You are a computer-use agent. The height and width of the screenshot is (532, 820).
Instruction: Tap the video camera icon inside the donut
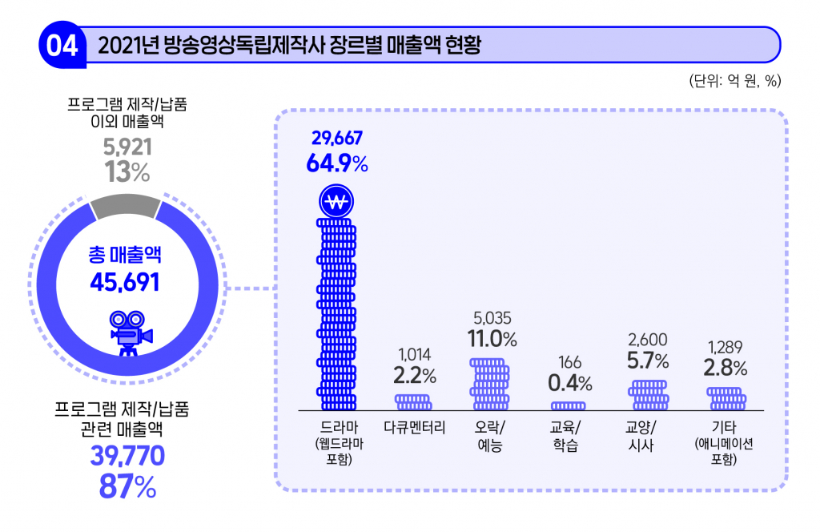pos(127,330)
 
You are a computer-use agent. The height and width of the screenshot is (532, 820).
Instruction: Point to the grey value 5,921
pos(127,147)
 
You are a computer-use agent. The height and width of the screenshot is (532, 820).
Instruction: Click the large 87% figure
pos(127,486)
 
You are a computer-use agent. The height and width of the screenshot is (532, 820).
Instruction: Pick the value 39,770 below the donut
pos(127,456)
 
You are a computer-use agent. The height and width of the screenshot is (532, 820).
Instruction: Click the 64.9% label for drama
pos(336,163)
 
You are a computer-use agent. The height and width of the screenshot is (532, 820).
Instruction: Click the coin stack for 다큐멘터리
pos(414,401)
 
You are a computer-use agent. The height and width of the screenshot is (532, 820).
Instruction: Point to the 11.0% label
pos(492,339)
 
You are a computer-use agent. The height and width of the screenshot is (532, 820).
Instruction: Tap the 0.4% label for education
pos(570,384)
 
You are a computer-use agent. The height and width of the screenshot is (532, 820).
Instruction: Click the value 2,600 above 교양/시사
pos(649,339)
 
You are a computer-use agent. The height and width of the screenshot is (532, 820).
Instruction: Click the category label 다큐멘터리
pos(414,426)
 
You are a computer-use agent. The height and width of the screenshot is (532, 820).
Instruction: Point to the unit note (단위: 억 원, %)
pos(734,80)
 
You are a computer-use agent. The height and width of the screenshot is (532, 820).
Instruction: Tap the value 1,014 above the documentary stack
pos(414,353)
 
